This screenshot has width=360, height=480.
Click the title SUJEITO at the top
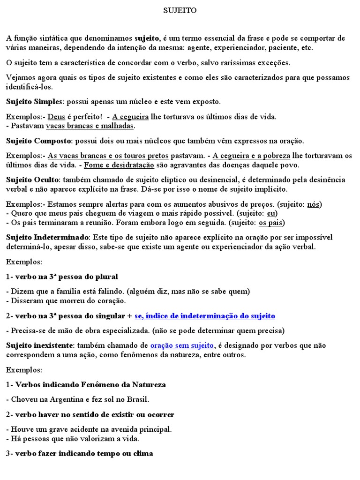[180, 11]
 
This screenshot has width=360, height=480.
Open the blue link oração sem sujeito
[182, 345]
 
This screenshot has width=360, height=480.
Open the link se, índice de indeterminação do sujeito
[204, 315]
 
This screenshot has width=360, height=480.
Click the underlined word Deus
[57, 116]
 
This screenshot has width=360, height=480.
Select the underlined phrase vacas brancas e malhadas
[90, 126]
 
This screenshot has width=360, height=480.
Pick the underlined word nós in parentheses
[314, 204]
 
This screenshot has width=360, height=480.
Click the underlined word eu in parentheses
[271, 213]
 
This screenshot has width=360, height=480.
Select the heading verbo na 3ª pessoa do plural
[66, 276]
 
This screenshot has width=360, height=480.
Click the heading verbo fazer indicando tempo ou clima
[84, 453]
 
